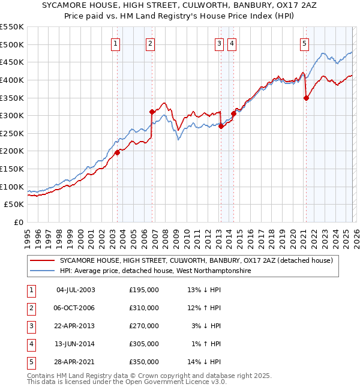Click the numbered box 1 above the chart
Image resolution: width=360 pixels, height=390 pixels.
(115, 43)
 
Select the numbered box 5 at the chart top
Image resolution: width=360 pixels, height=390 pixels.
(305, 43)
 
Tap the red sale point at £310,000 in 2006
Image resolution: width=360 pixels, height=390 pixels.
(152, 112)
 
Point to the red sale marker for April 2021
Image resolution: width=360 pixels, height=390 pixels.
(306, 98)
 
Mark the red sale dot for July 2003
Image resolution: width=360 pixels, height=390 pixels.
(118, 152)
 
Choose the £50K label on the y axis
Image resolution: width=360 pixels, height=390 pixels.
(14, 205)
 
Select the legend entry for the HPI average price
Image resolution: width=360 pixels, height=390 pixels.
(154, 271)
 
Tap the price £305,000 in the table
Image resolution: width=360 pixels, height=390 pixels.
(144, 344)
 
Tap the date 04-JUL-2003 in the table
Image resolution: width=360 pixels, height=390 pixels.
(75, 290)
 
